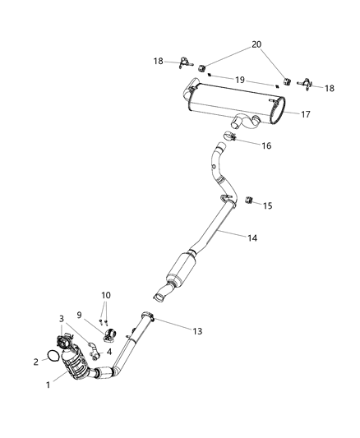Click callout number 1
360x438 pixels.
coord(48,383)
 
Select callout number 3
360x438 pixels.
coord(61,318)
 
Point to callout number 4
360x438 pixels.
coord(108,350)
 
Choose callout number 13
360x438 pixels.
coord(196,331)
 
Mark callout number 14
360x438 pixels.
coord(252,237)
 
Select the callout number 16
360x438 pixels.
coord(266,145)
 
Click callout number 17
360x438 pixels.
coord(305,114)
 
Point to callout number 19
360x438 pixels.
coord(241,80)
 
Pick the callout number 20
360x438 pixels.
coord(256,44)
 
